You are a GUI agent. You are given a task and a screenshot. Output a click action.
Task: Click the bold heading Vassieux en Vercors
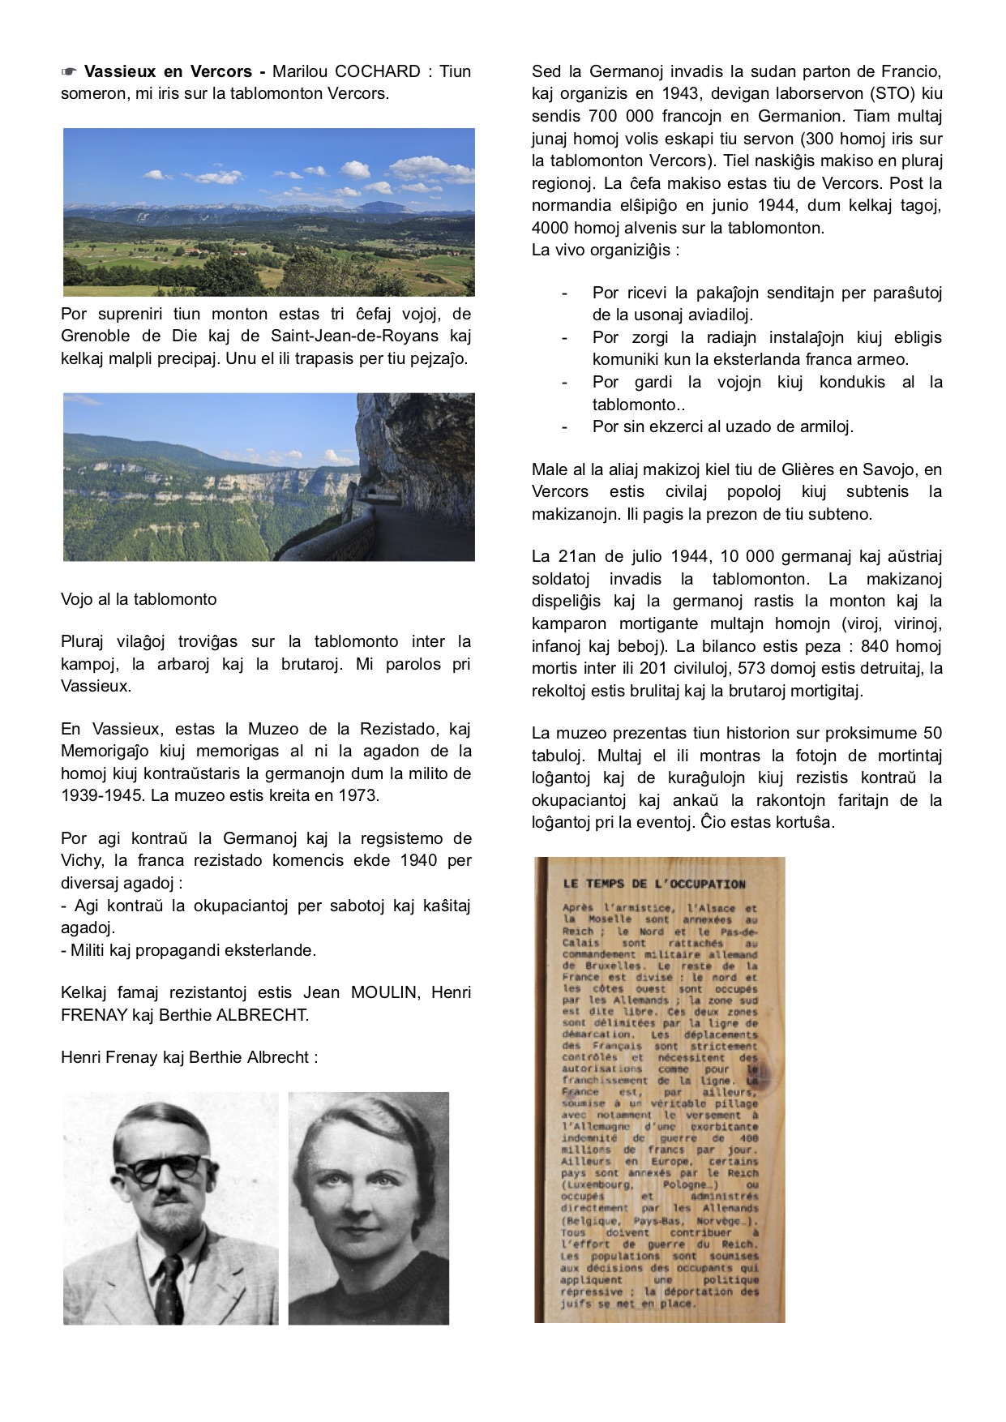(168, 71)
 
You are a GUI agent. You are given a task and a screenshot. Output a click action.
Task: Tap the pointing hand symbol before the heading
(69, 71)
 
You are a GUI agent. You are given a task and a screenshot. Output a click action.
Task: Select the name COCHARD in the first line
(378, 71)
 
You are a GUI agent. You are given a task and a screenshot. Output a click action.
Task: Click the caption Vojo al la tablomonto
(139, 599)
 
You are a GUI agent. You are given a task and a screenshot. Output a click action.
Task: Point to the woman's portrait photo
(369, 1208)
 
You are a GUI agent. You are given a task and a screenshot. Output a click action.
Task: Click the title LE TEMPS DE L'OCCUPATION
(653, 884)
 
